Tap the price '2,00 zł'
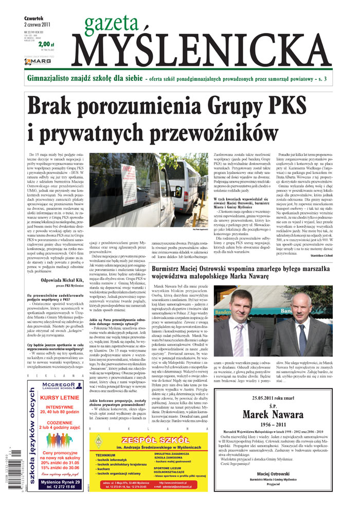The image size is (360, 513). coord(46,45)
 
